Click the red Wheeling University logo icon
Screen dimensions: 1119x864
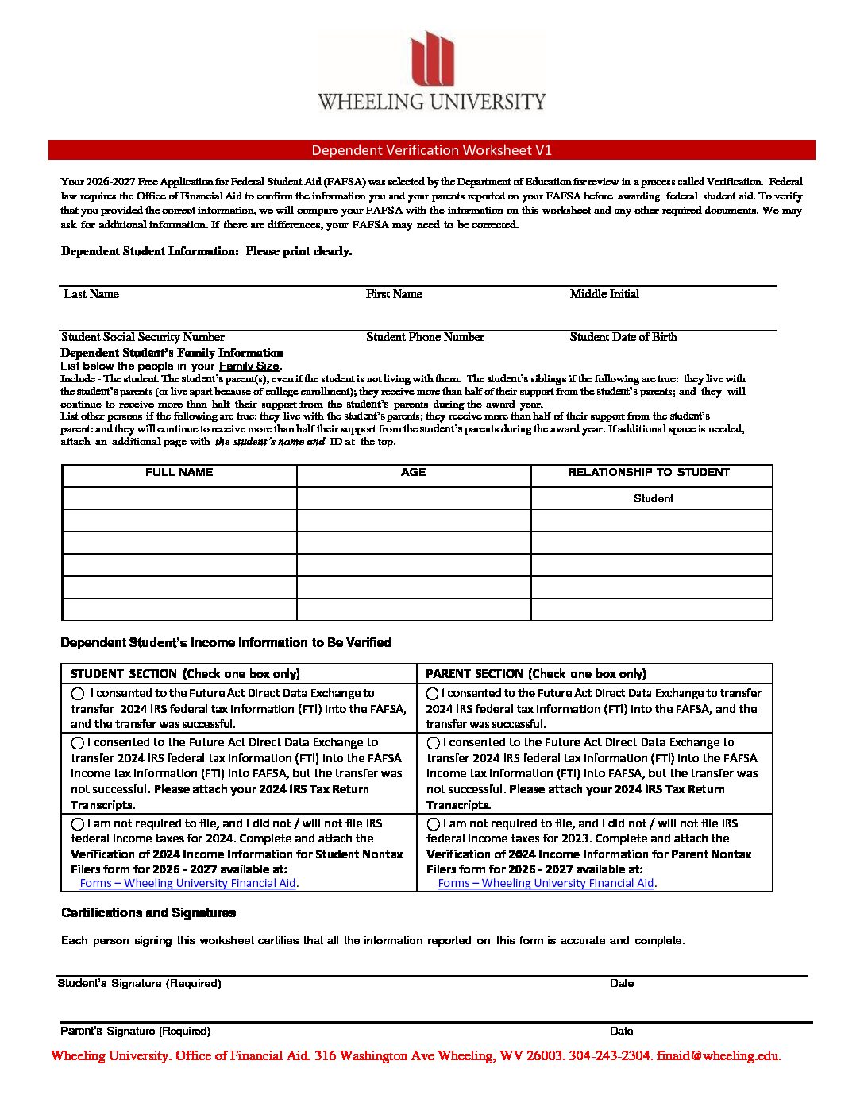point(433,59)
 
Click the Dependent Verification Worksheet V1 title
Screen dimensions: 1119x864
point(431,150)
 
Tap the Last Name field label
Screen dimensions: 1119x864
point(91,294)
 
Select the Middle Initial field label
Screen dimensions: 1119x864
point(604,294)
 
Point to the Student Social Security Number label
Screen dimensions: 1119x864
point(143,337)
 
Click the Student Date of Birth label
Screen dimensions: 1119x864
point(623,337)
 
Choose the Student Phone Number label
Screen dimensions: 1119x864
point(425,337)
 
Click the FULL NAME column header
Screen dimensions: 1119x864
point(179,472)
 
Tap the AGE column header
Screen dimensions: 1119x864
point(413,472)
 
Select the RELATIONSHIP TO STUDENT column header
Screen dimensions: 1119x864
point(649,472)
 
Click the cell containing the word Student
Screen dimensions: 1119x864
point(653,498)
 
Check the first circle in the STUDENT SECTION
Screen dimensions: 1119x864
point(78,694)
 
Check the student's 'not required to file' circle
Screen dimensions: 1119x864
point(78,824)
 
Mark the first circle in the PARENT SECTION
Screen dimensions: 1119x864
point(433,694)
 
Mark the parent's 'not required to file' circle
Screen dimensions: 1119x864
point(434,824)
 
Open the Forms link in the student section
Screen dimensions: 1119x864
point(187,883)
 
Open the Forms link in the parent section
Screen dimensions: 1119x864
point(546,883)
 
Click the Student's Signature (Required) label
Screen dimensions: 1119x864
point(139,984)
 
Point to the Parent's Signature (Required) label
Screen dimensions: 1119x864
point(135,1032)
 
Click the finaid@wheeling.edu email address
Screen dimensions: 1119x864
point(718,1056)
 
